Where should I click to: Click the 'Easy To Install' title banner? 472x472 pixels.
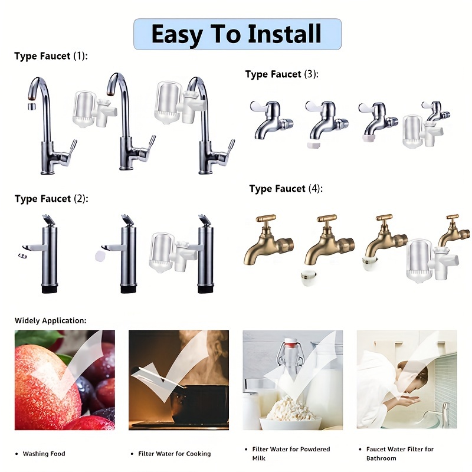click(237, 34)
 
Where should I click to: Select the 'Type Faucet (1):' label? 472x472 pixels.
click(50, 56)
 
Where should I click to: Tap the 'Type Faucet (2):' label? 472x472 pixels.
click(51, 199)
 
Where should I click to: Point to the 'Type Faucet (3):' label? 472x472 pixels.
click(281, 74)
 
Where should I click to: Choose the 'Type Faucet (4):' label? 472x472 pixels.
click(286, 189)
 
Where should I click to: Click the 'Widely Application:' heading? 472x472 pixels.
click(50, 320)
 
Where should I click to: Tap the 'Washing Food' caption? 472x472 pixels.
click(44, 454)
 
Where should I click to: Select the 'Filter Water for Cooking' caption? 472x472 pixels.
click(173, 454)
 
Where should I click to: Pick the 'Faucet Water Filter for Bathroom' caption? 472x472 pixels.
click(399, 453)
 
